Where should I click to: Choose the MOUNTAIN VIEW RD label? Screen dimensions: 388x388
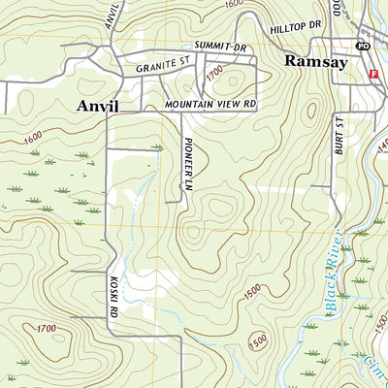tap(209, 102)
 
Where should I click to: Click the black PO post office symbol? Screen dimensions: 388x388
tap(363, 46)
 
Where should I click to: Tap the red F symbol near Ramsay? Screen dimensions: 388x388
tap(373, 74)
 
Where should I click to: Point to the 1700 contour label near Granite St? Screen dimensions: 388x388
tap(214, 71)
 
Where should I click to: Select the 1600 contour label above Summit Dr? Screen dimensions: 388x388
tap(232, 5)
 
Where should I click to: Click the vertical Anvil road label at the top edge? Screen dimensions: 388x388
tap(114, 13)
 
